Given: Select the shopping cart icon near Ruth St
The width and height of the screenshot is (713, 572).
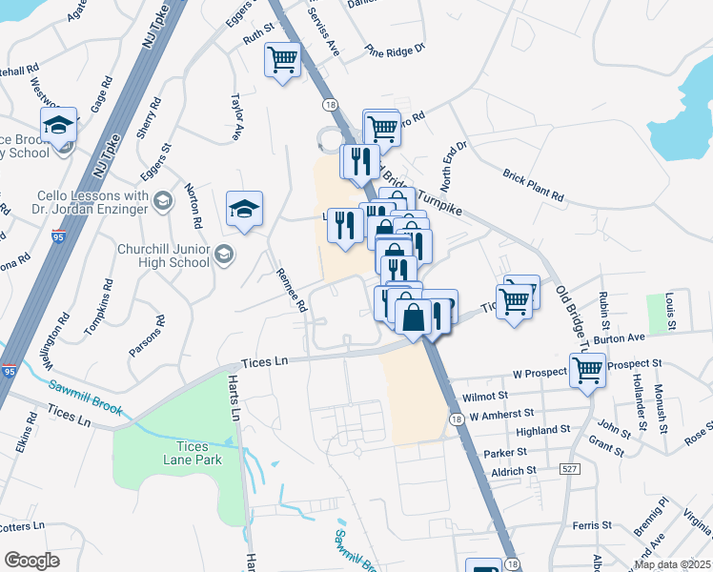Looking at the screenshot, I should tap(283, 62).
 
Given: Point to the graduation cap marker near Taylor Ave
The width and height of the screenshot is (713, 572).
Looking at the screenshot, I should tap(244, 210).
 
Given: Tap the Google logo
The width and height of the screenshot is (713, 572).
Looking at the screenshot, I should tap(32, 561).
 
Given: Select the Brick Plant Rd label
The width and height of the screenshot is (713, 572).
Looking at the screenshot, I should tap(533, 184).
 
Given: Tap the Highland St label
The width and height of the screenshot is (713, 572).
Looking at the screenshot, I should tap(542, 431).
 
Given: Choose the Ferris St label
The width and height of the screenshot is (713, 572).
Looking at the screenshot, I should tap(592, 525).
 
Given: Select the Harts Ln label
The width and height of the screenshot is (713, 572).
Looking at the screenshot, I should tap(233, 398).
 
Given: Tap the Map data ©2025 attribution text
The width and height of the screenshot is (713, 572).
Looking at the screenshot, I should tap(672, 564).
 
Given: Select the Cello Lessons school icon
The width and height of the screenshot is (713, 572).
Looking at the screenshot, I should tap(163, 200).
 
